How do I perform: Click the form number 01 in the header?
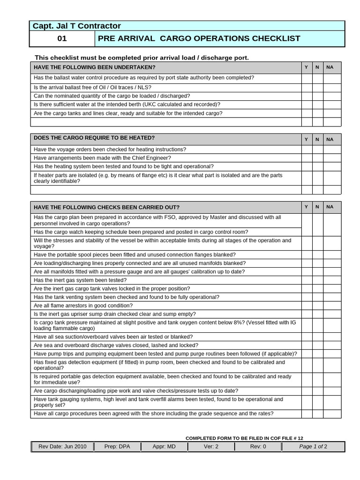pos(62,38)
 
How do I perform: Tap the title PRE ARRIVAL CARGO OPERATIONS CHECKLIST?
pos(199,38)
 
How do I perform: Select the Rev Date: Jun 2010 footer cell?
pos(62,446)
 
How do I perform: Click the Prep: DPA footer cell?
pos(117,446)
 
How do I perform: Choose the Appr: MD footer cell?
pos(164,446)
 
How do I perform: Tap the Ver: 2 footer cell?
pos(211,446)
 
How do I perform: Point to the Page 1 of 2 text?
pos(313,446)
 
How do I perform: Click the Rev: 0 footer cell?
pos(258,446)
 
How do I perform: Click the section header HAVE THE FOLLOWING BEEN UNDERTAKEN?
pos(94,67)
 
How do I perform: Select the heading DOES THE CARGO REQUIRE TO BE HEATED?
pos(94,138)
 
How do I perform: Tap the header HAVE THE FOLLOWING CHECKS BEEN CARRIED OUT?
pos(106,207)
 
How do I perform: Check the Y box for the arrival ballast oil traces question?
pos(306,88)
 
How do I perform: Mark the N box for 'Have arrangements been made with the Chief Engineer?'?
pos(317,158)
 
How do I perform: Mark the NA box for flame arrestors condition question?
pos(332,306)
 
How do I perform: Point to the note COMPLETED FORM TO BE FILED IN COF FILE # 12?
pos(247,438)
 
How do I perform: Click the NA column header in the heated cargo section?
pos(330,139)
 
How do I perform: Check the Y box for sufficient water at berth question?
pos(306,105)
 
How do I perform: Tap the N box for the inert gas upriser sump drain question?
pos(317,314)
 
